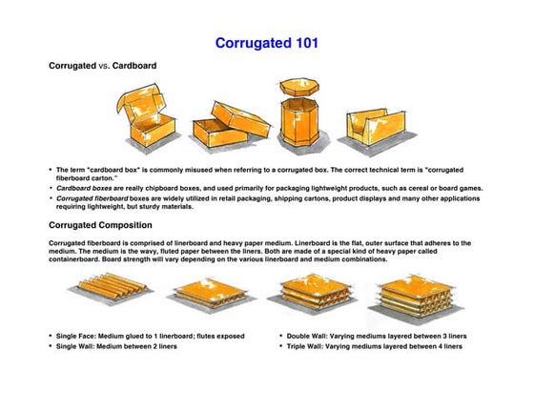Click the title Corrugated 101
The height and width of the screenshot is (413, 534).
pos(266,43)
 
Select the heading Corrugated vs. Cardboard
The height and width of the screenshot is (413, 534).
pos(103,67)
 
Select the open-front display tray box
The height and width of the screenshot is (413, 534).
pos(381,125)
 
